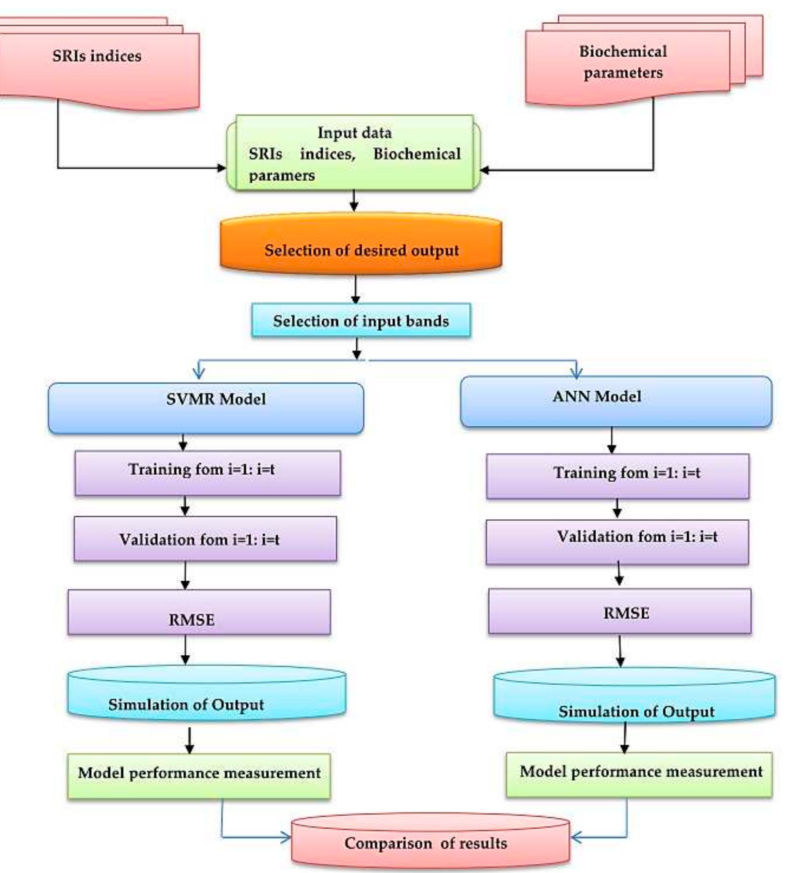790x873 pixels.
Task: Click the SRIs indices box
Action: point(97,65)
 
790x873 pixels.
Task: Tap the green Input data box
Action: point(353,153)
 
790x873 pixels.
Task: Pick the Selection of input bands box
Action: point(361,321)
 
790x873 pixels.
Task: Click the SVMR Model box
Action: point(206,408)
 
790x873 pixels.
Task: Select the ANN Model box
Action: point(616,401)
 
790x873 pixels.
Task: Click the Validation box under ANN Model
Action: point(617,542)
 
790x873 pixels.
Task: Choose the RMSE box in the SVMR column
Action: point(199,612)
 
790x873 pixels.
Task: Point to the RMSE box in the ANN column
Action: point(620,611)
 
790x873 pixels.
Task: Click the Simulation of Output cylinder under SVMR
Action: point(206,693)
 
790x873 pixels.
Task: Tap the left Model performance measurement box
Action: point(199,776)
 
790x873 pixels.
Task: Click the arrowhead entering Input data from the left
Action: point(222,168)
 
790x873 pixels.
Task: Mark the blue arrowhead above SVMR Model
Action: point(198,373)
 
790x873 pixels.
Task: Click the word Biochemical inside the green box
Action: point(417,154)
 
